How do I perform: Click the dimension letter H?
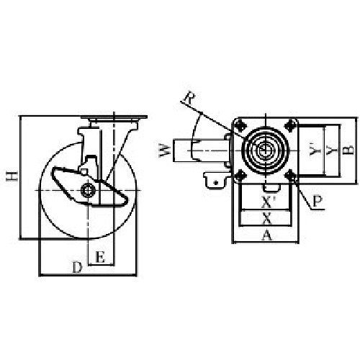tap(12, 176)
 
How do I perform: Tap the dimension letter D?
tap(77, 267)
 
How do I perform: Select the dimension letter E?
tap(100, 257)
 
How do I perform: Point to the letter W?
tap(166, 150)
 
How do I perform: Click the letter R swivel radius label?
tap(189, 97)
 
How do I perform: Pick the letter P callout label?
tap(318, 201)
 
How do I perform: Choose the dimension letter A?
tap(267, 235)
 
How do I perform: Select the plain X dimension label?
tap(266, 219)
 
